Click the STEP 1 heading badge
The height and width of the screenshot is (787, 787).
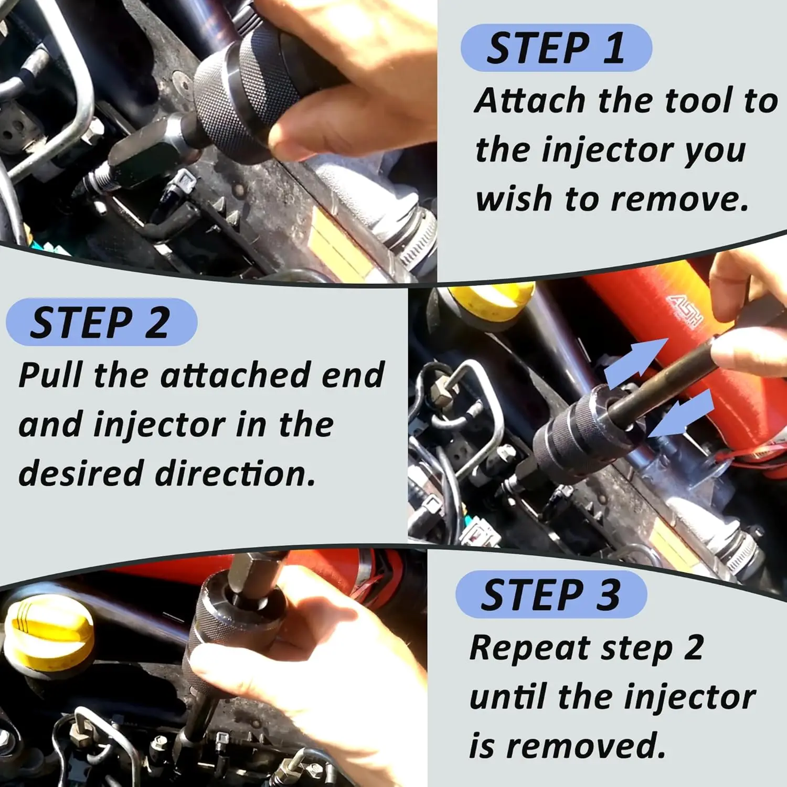pos(556,48)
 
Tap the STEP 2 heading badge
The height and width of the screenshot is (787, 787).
pos(101,322)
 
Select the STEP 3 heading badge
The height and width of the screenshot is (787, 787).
pos(551,594)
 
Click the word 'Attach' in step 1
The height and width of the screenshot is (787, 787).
pos(530,100)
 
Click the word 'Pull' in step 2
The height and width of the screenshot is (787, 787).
pos(50,375)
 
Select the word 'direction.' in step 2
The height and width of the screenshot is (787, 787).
pos(236,473)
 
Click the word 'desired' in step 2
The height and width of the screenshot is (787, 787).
pos(81,473)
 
